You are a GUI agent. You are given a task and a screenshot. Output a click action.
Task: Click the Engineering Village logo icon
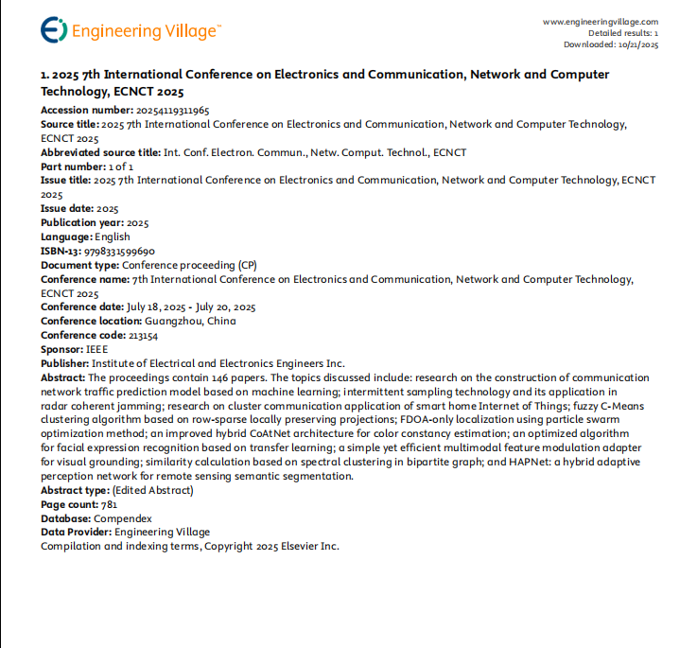pyautogui.click(x=54, y=30)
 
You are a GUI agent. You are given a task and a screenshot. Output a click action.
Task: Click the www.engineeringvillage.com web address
pyautogui.click(x=601, y=21)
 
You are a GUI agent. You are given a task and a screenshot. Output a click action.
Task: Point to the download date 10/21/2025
pyautogui.click(x=637, y=44)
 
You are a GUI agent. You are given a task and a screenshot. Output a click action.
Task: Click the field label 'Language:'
pyautogui.click(x=65, y=236)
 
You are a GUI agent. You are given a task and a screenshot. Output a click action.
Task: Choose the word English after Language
pyautogui.click(x=113, y=236)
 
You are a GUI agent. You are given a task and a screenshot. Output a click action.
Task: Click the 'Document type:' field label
pyautogui.click(x=79, y=265)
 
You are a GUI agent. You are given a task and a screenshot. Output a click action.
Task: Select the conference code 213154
pyautogui.click(x=143, y=335)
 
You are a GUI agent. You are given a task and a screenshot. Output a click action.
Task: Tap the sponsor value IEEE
pyautogui.click(x=96, y=349)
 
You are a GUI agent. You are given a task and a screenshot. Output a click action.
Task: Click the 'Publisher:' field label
pyautogui.click(x=64, y=363)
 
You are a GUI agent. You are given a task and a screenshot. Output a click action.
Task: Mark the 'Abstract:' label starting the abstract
pyautogui.click(x=63, y=377)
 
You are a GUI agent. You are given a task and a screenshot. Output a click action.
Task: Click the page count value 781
pyautogui.click(x=109, y=504)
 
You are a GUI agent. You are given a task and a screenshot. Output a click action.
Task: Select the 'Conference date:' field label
pyautogui.click(x=82, y=306)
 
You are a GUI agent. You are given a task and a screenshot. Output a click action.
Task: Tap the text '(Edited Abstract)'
pyautogui.click(x=152, y=490)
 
